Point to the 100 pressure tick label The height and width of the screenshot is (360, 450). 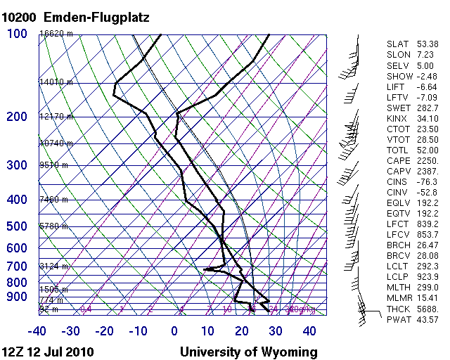[17, 34]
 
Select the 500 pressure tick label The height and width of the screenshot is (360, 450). [17, 226]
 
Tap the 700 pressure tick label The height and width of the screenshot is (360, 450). [17, 266]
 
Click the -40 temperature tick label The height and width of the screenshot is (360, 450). [37, 330]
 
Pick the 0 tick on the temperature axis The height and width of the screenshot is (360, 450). [174, 330]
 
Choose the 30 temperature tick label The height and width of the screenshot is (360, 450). [275, 330]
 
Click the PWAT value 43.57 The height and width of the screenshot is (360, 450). [427, 320]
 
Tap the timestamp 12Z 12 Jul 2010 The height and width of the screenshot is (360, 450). [48, 352]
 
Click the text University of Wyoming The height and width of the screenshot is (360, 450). [248, 352]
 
